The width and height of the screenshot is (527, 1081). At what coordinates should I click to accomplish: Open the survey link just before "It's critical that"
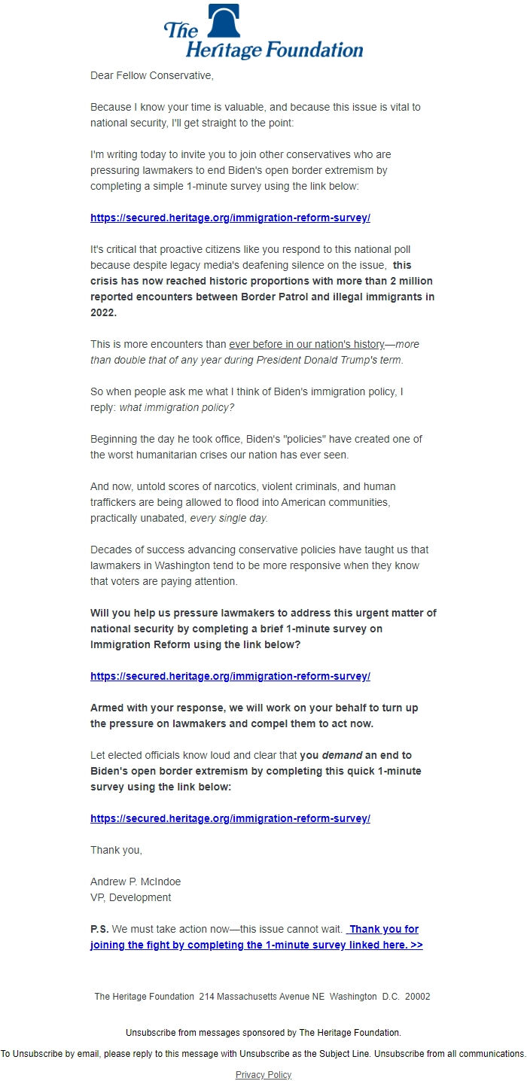point(230,218)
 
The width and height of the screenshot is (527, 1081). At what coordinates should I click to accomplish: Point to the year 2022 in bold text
point(103,312)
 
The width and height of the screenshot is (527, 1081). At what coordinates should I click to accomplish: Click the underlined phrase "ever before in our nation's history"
point(306,344)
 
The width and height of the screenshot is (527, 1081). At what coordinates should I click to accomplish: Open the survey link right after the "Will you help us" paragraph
point(230,676)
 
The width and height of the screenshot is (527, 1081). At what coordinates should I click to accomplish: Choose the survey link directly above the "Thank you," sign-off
point(230,818)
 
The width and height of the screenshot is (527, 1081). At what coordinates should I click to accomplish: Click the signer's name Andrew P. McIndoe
point(136,882)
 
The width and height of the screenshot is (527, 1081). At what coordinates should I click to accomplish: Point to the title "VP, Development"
point(130,897)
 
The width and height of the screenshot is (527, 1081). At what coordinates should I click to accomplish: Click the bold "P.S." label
point(99,929)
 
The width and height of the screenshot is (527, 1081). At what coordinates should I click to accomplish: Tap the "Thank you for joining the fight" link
point(256,945)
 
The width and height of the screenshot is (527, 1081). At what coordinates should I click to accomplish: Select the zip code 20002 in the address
point(418,996)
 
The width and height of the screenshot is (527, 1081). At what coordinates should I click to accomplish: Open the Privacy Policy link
point(263,1074)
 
